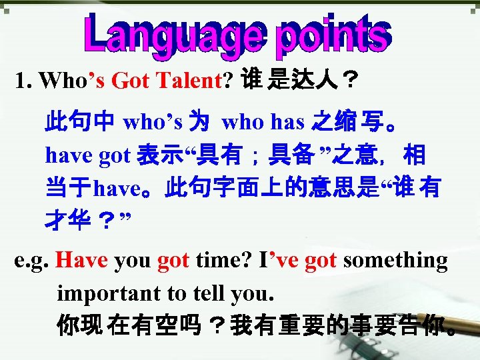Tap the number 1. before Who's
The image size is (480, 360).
(24, 81)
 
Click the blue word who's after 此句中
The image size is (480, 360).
(153, 121)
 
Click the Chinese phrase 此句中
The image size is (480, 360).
(79, 122)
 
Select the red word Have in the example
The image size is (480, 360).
(82, 260)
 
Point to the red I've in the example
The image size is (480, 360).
(277, 260)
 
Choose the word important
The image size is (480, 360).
(108, 293)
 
